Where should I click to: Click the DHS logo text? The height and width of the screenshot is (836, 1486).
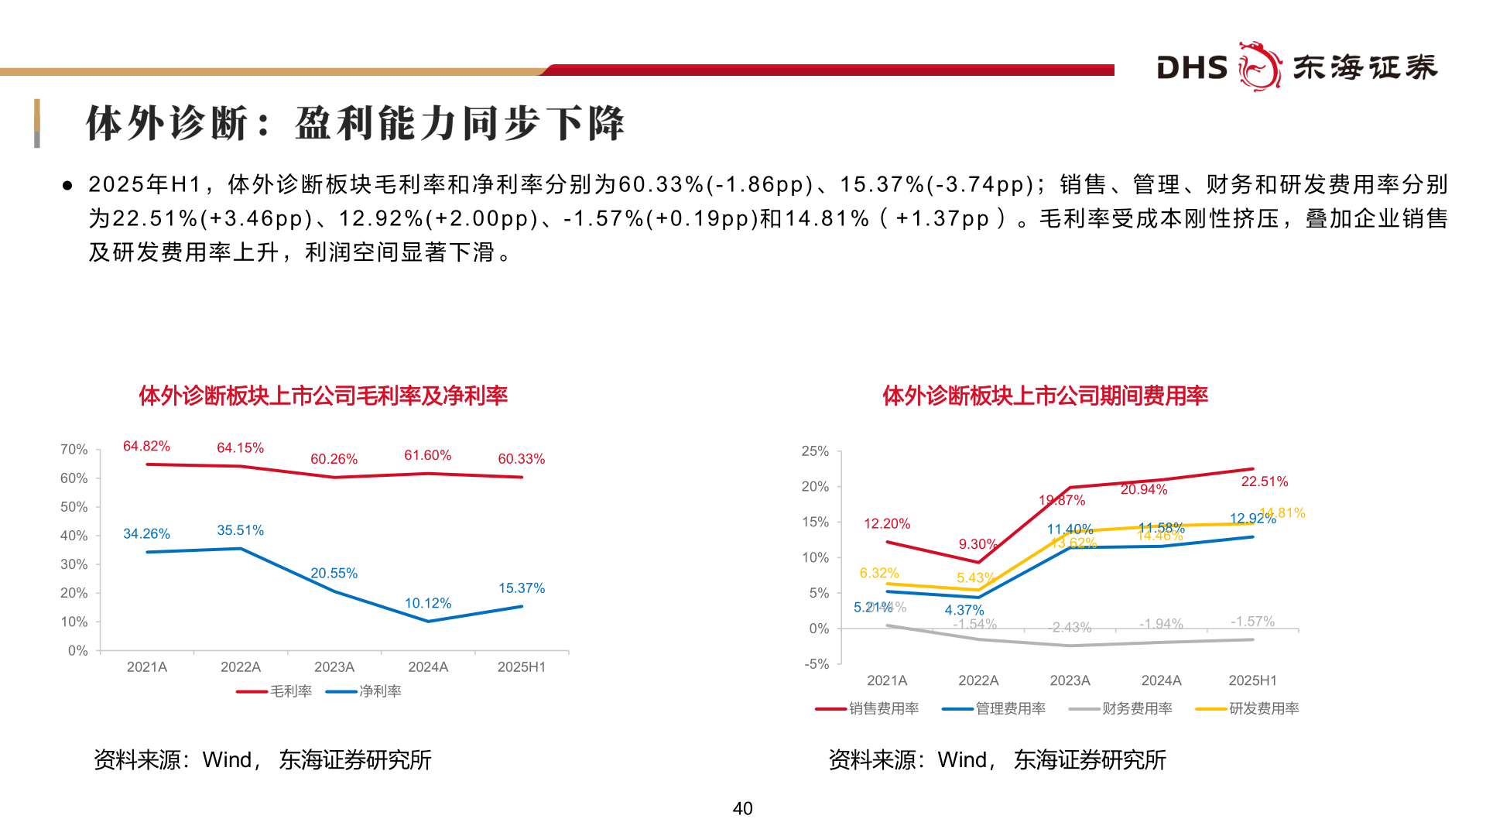pyautogui.click(x=1192, y=68)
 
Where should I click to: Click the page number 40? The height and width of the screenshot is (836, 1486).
pyautogui.click(x=742, y=808)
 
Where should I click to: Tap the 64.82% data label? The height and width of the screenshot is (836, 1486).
pyautogui.click(x=146, y=446)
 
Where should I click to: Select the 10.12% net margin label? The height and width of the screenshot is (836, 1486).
pyautogui.click(x=427, y=603)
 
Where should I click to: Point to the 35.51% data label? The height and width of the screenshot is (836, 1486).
pyautogui.click(x=240, y=530)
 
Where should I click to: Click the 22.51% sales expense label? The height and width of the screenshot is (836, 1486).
pyautogui.click(x=1264, y=481)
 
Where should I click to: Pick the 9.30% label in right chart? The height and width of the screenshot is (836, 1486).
pyautogui.click(x=978, y=544)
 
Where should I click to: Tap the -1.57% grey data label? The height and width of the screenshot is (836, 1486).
pyautogui.click(x=1252, y=622)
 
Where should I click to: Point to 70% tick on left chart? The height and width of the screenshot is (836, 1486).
pyautogui.click(x=74, y=450)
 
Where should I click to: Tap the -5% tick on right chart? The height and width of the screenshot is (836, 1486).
pyautogui.click(x=816, y=664)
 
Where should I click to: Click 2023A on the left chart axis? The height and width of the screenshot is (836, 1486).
pyautogui.click(x=334, y=667)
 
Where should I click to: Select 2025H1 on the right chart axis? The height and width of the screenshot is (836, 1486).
pyautogui.click(x=1251, y=680)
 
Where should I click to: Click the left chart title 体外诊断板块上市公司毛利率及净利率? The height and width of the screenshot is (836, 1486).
pyautogui.click(x=323, y=396)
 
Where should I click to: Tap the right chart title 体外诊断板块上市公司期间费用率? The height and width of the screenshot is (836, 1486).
pyautogui.click(x=1045, y=396)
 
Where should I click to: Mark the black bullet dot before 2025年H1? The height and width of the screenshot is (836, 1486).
pyautogui.click(x=68, y=186)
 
